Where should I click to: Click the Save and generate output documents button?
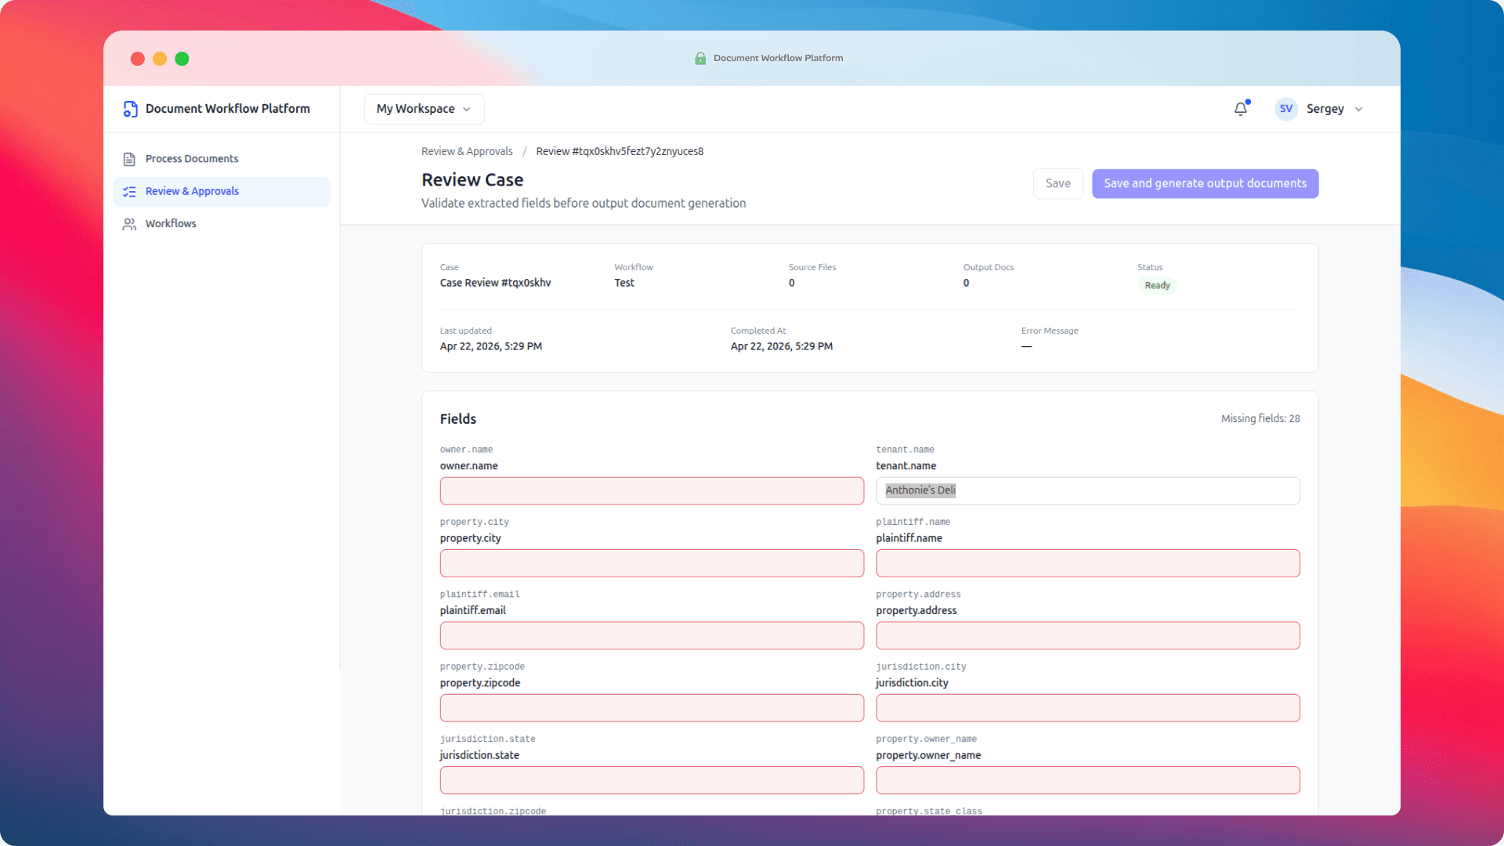1205,183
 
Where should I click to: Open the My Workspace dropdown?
424,109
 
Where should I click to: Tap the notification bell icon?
1240,109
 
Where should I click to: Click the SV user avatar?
1285,109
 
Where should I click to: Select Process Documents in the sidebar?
191,159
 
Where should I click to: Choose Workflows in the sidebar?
170,224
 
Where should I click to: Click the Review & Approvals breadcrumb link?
467,151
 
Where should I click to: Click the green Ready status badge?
1157,285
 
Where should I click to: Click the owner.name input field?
652,491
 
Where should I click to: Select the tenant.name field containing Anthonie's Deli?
1087,491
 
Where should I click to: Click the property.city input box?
652,563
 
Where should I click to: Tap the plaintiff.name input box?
1087,563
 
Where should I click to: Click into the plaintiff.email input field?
652,635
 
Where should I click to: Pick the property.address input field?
1087,635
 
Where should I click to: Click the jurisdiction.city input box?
1087,708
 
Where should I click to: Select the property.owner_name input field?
1087,780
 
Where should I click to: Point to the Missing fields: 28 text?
1260,419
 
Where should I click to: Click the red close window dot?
138,59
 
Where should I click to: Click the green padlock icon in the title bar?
700,59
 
